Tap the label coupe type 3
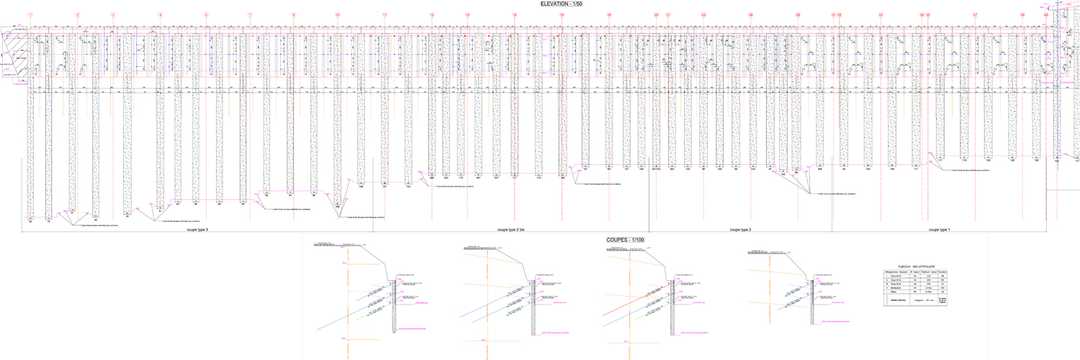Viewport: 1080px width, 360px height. pyautogui.click(x=197, y=230)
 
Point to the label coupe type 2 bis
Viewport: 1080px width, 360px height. pyautogui.click(x=511, y=230)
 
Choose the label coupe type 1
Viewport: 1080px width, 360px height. pyautogui.click(x=940, y=230)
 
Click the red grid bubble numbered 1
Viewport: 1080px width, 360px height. pyautogui.click(x=30, y=15)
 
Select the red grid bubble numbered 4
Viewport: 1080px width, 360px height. pyautogui.click(x=161, y=15)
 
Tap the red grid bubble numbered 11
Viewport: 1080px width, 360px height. pyautogui.click(x=384, y=15)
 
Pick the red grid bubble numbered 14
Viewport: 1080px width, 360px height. pyautogui.click(x=514, y=15)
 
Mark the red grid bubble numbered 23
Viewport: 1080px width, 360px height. pyautogui.click(x=703, y=15)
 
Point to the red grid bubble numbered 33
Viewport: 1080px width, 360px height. pyautogui.click(x=880, y=15)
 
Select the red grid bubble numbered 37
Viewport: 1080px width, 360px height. pyautogui.click(x=975, y=15)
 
